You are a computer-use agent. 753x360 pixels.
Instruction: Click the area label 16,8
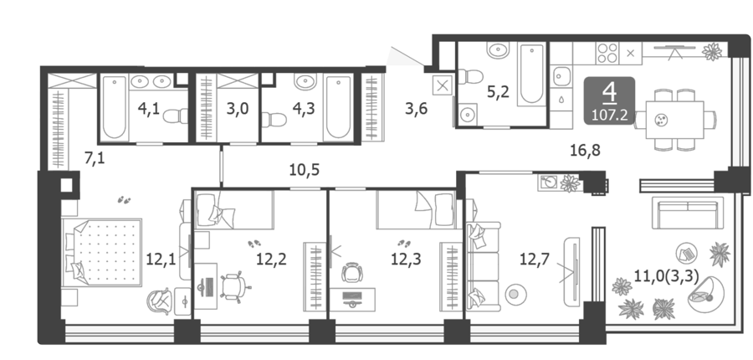(x=585, y=151)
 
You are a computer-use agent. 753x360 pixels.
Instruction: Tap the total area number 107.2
(x=610, y=116)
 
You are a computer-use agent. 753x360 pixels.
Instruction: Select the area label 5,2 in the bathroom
(x=498, y=92)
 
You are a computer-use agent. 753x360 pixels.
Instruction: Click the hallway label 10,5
(x=305, y=170)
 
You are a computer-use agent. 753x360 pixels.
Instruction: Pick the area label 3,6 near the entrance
(x=416, y=109)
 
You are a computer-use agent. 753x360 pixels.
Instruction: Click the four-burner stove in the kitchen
(x=607, y=53)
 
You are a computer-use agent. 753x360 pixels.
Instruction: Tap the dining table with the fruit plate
(x=674, y=119)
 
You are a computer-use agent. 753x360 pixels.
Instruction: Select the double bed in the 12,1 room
(x=102, y=252)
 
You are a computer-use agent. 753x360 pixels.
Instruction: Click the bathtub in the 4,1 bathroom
(x=115, y=107)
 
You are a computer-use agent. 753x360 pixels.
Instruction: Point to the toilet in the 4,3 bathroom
(x=274, y=119)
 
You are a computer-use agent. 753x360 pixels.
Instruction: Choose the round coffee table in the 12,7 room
(x=515, y=294)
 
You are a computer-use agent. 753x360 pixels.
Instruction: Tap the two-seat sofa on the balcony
(x=688, y=213)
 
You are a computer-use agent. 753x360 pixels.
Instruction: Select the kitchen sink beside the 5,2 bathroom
(x=561, y=76)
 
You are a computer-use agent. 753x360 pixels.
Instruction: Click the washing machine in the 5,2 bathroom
(x=466, y=115)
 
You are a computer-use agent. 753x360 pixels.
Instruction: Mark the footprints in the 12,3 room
(x=404, y=243)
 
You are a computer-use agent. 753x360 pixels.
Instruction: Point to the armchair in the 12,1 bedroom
(x=160, y=301)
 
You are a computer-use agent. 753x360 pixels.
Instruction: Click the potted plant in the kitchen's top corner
(x=712, y=51)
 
